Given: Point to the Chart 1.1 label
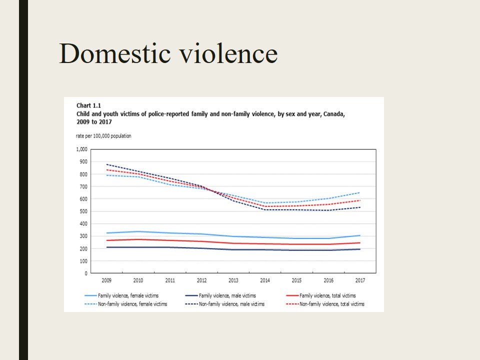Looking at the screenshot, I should [88, 105].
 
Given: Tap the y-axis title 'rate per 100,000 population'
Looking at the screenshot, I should [103, 136].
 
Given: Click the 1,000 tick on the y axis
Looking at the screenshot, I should [81, 149].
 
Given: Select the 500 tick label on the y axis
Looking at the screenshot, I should [82, 211].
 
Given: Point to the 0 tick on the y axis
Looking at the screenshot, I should [85, 273].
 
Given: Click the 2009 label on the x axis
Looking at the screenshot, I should [106, 280].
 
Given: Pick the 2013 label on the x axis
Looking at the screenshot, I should [233, 280].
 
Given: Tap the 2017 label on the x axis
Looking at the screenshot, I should [360, 280].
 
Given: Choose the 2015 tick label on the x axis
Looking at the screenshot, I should [296, 280].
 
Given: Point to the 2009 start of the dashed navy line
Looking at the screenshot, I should [106, 164].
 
